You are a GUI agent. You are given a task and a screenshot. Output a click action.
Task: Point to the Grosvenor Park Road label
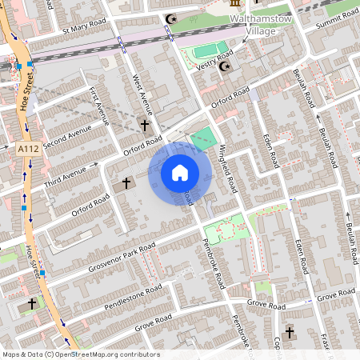122,255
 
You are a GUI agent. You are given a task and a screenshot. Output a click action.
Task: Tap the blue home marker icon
179,173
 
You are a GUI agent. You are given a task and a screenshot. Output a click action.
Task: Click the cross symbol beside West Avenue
145,126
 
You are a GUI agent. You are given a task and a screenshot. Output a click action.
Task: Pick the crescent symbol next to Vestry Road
224,66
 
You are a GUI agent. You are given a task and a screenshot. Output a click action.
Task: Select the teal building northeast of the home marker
203,137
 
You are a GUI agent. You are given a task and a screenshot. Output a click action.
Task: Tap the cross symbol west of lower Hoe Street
33,304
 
